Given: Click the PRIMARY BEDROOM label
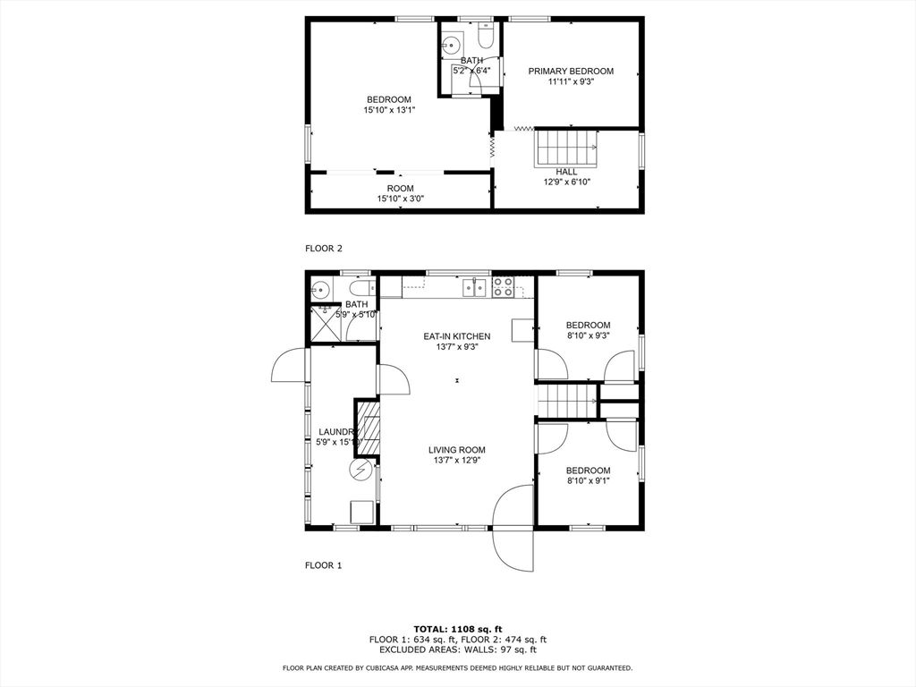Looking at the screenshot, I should tap(571, 71).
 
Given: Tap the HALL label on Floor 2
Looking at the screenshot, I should tap(566, 171).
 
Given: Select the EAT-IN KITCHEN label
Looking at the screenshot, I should tap(457, 336).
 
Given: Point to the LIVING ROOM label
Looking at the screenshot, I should tap(456, 450).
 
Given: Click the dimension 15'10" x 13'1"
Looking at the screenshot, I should tap(389, 110).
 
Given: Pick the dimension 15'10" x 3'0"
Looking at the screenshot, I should tap(400, 199).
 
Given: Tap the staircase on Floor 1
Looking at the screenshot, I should tap(566, 400).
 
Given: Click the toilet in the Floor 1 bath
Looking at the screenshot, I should tap(362, 289).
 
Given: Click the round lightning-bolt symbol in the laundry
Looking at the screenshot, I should tap(360, 470).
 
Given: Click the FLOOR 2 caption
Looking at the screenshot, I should tap(324, 249).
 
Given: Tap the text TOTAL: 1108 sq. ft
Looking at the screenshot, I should tap(457, 628).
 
